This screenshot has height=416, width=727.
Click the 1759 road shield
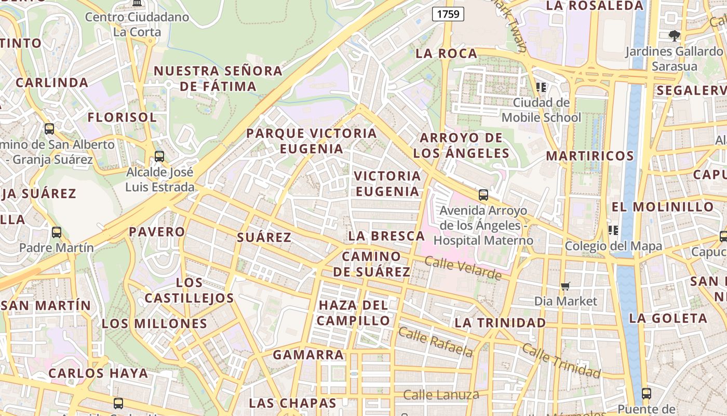(448, 14)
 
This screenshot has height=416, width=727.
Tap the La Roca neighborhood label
(447, 54)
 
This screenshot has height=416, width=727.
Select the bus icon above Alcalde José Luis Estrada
(159, 156)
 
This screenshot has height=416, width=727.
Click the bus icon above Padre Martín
(57, 232)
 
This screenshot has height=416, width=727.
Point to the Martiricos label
(590, 156)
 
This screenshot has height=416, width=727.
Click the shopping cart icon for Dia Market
(566, 286)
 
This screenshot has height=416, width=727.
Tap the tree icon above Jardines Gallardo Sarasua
(674, 35)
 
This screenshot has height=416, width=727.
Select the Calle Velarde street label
(463, 267)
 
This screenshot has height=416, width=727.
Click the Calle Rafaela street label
(436, 342)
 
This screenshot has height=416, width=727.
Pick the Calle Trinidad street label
(561, 360)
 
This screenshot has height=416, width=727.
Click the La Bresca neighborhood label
(386, 236)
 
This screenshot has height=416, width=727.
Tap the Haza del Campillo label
(353, 313)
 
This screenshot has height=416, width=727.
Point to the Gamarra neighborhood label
(308, 355)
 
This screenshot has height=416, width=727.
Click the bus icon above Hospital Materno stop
(483, 195)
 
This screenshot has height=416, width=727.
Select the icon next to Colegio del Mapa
(613, 230)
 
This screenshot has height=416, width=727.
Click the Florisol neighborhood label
(122, 118)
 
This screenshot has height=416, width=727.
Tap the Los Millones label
(154, 323)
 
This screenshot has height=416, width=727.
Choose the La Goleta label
(668, 318)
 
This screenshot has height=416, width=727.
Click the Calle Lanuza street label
(441, 395)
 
